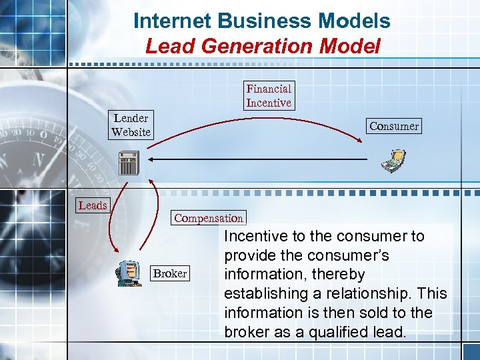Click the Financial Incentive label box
coord(269,95)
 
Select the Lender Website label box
coord(131,125)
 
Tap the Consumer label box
coord(394,126)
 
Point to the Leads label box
coord(93,205)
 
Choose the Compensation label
coord(209,218)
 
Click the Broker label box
coord(170,273)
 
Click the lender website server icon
coord(129,163)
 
